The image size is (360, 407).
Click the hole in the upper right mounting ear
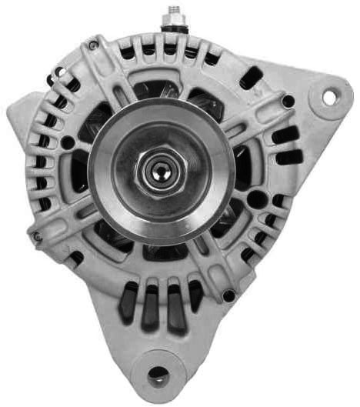click(329, 98)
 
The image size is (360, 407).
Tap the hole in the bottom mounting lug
click(158, 375)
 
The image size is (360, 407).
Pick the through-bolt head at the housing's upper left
click(93, 45)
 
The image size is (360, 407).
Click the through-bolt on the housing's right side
click(288, 102)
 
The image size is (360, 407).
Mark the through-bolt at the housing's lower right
click(228, 295)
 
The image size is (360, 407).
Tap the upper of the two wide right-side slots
click(286, 137)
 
